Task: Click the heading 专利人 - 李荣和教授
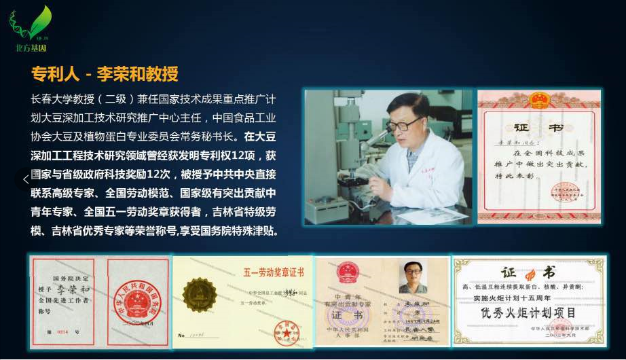[x=105, y=73]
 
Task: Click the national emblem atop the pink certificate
[x=539, y=100]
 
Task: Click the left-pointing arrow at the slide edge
[x=26, y=179]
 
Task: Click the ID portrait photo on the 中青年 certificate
[x=413, y=277]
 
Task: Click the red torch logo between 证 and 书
[x=530, y=274]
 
